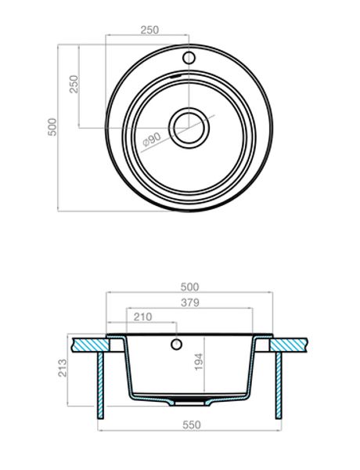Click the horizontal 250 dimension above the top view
point(149,30)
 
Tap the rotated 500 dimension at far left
point(52,127)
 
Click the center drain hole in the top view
point(188,126)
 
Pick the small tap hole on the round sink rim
point(188,58)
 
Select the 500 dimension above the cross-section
point(191,287)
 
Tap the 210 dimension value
point(143,317)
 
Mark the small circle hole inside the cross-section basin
point(177,343)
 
